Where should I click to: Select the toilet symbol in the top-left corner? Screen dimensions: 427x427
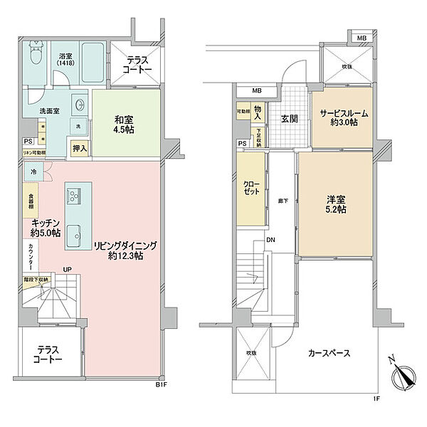[36, 55]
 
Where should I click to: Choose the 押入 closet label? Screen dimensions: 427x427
[80, 149]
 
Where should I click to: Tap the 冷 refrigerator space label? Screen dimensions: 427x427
[33, 172]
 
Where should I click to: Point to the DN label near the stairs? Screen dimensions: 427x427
[271, 240]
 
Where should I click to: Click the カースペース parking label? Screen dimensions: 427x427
[329, 352]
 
